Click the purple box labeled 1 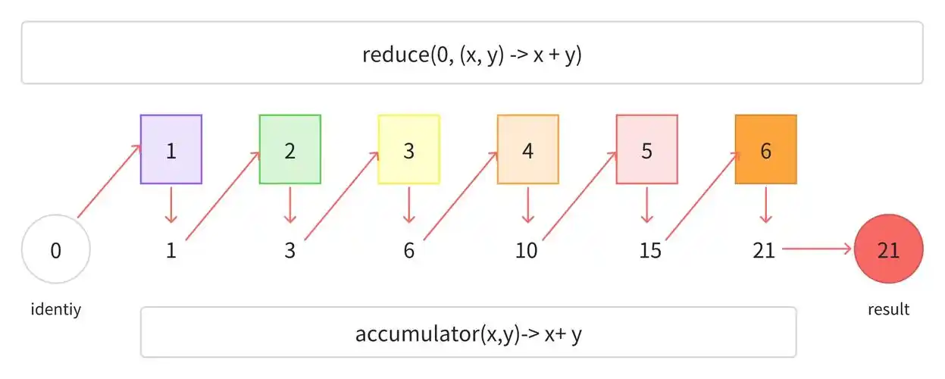tap(171, 149)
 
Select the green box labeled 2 tap(289, 149)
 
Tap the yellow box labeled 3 tap(408, 149)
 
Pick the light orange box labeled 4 tap(527, 149)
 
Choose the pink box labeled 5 tap(646, 149)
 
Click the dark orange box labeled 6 tap(765, 149)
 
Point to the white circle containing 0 tap(56, 249)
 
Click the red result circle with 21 tap(888, 249)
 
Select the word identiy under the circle tap(56, 309)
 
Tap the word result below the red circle tap(888, 309)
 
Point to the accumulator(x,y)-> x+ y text tap(468, 334)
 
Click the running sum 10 tap(526, 250)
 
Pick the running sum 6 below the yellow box tap(408, 250)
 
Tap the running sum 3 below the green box tap(289, 250)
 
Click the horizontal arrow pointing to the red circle tap(817, 249)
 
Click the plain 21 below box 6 tap(764, 250)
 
